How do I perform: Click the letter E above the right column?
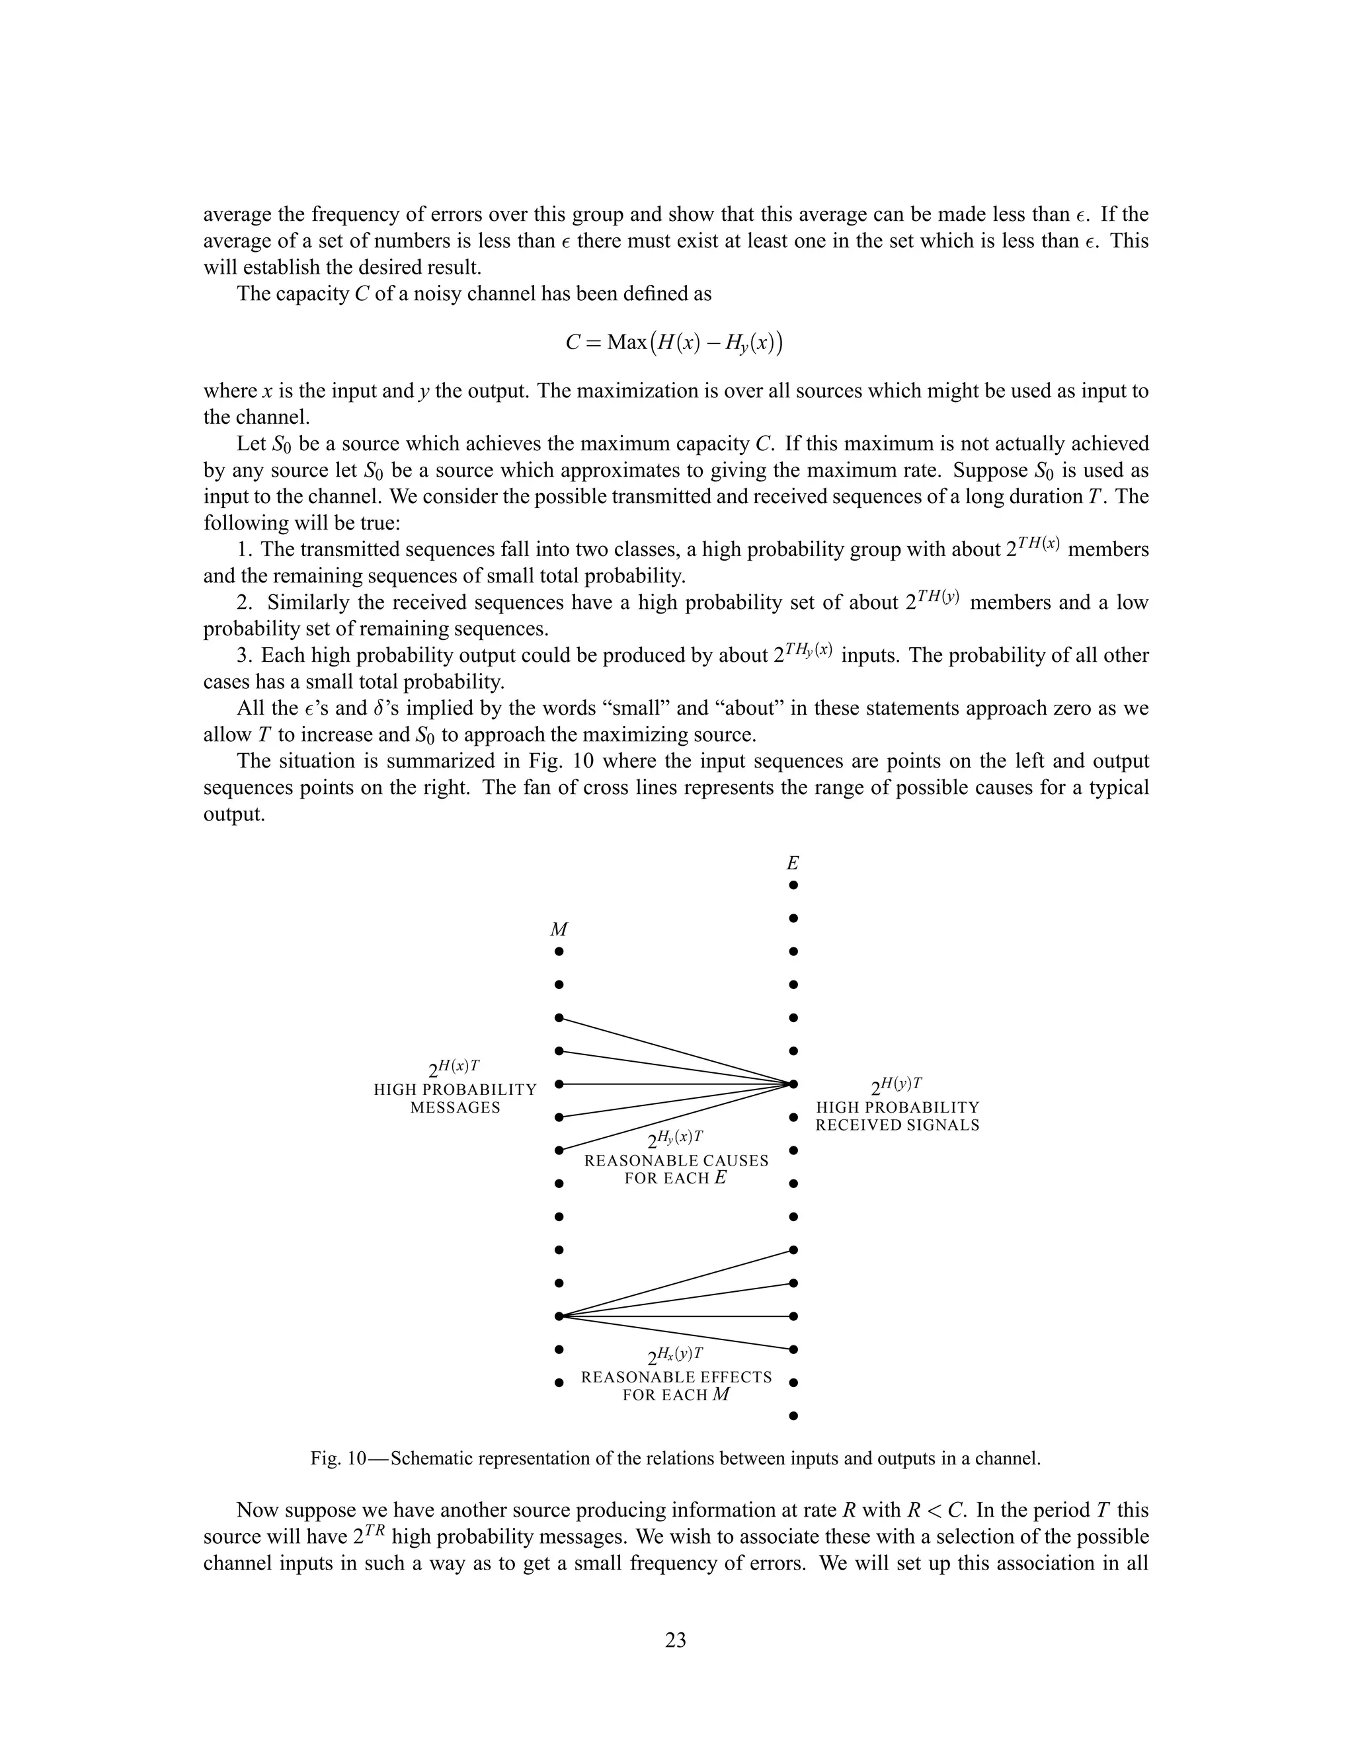[x=793, y=864]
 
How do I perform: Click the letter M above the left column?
[x=559, y=930]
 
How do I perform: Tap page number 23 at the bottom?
[x=676, y=1640]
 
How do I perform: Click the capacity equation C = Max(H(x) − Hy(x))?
[x=674, y=343]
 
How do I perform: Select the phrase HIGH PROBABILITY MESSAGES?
[x=455, y=1098]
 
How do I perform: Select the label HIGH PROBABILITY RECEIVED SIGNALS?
[x=898, y=1116]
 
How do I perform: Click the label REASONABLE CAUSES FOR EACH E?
[x=676, y=1169]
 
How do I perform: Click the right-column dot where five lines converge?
[x=793, y=1084]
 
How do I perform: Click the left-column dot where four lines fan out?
[x=559, y=1316]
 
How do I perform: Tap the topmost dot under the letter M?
[x=559, y=952]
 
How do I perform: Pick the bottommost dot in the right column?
[x=793, y=1416]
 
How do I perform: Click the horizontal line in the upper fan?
[x=674, y=1084]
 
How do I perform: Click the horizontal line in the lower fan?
[x=674, y=1316]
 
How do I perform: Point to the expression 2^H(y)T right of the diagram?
[x=896, y=1086]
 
